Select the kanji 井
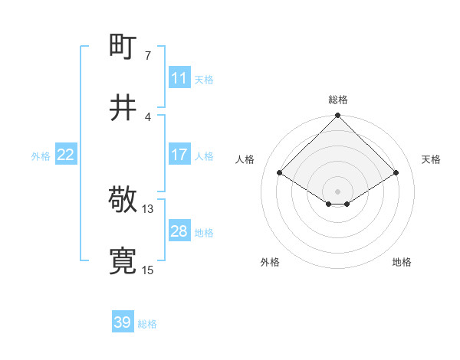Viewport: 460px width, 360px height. click(123, 107)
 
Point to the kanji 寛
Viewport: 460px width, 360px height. click(123, 261)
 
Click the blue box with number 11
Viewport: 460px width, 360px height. click(179, 78)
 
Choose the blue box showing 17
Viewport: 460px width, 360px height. click(179, 155)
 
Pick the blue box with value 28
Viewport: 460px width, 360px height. click(179, 231)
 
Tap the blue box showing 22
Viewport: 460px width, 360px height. click(65, 155)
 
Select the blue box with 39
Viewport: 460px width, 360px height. click(122, 322)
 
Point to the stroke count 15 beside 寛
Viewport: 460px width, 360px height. click(148, 270)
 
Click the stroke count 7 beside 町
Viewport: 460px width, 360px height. click(148, 56)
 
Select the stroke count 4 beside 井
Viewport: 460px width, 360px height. click(148, 116)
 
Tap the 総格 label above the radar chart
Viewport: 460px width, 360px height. click(338, 100)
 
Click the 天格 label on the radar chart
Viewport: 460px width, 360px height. click(431, 159)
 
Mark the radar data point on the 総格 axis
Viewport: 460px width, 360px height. click(338, 116)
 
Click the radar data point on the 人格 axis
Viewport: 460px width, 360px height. click(280, 173)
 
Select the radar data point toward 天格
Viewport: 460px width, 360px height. click(396, 173)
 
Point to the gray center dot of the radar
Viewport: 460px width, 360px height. click(338, 191)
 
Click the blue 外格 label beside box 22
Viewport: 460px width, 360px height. click(41, 155)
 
